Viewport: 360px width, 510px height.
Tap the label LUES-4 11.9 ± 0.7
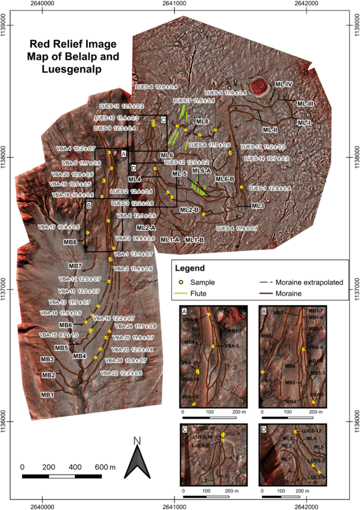pyautogui.click(x=236, y=228)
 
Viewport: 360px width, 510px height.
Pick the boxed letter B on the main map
pyautogui.click(x=89, y=205)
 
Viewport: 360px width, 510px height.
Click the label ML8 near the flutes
pyautogui.click(x=202, y=122)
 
